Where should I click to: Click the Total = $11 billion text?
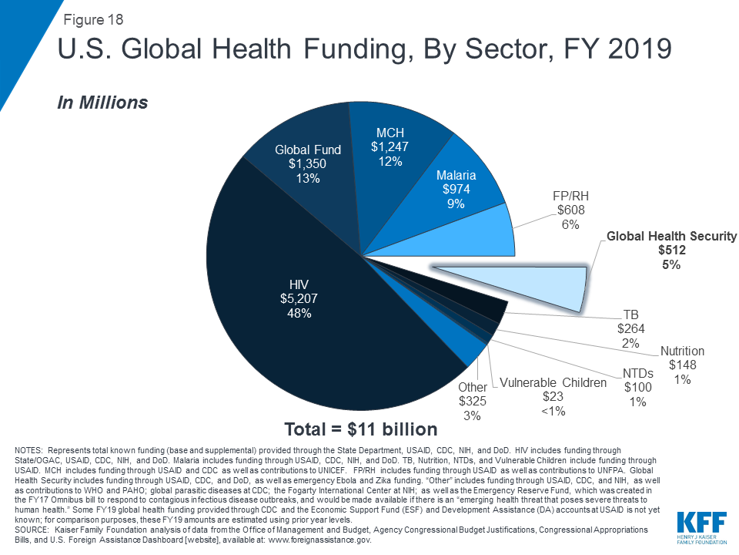(360, 429)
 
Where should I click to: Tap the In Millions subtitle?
(102, 102)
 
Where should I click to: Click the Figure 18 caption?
(92, 20)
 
